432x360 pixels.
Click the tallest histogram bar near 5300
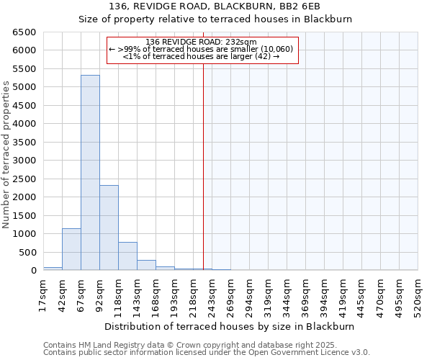tap(90, 173)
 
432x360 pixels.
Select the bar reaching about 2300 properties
tap(109, 228)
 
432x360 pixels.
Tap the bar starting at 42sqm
tap(71, 249)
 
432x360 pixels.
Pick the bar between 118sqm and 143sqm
tap(127, 256)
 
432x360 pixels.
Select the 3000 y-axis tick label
tap(24, 161)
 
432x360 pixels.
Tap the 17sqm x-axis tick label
tap(43, 294)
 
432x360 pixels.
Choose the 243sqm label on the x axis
tap(212, 296)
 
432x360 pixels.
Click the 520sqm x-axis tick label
tap(418, 296)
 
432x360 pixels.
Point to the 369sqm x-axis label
tap(305, 296)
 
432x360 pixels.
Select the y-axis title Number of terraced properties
tap(6, 155)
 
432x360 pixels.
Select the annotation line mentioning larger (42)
tap(201, 55)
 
